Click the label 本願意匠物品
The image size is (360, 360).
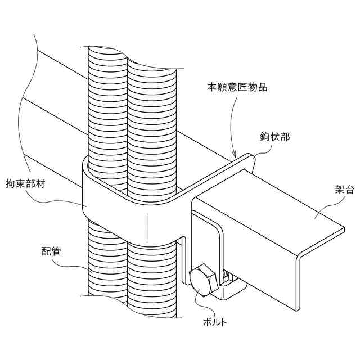(x=237, y=87)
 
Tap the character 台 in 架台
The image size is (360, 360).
(x=350, y=190)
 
